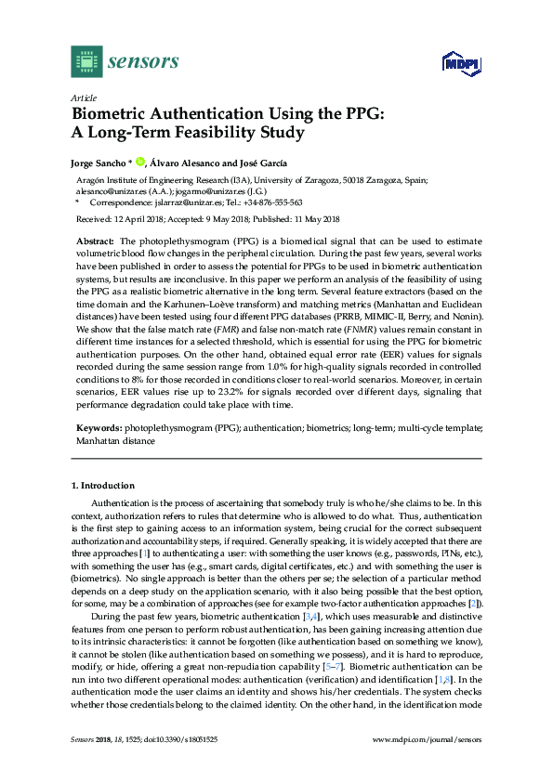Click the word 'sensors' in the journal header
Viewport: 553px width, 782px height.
point(143,61)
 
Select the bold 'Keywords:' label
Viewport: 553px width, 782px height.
point(99,430)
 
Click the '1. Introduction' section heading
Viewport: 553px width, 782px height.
point(103,486)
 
